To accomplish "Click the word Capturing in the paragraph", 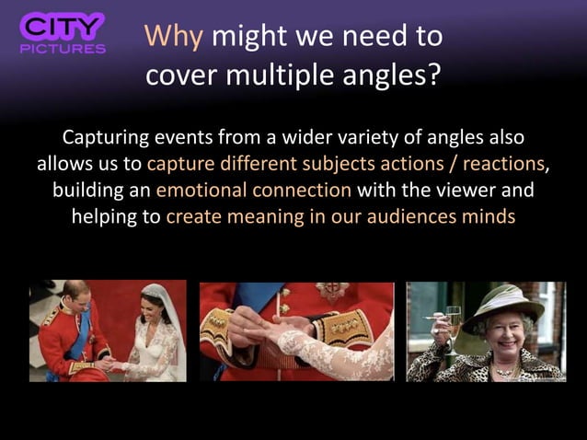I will click(102, 139).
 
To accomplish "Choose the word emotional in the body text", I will click(202, 191).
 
